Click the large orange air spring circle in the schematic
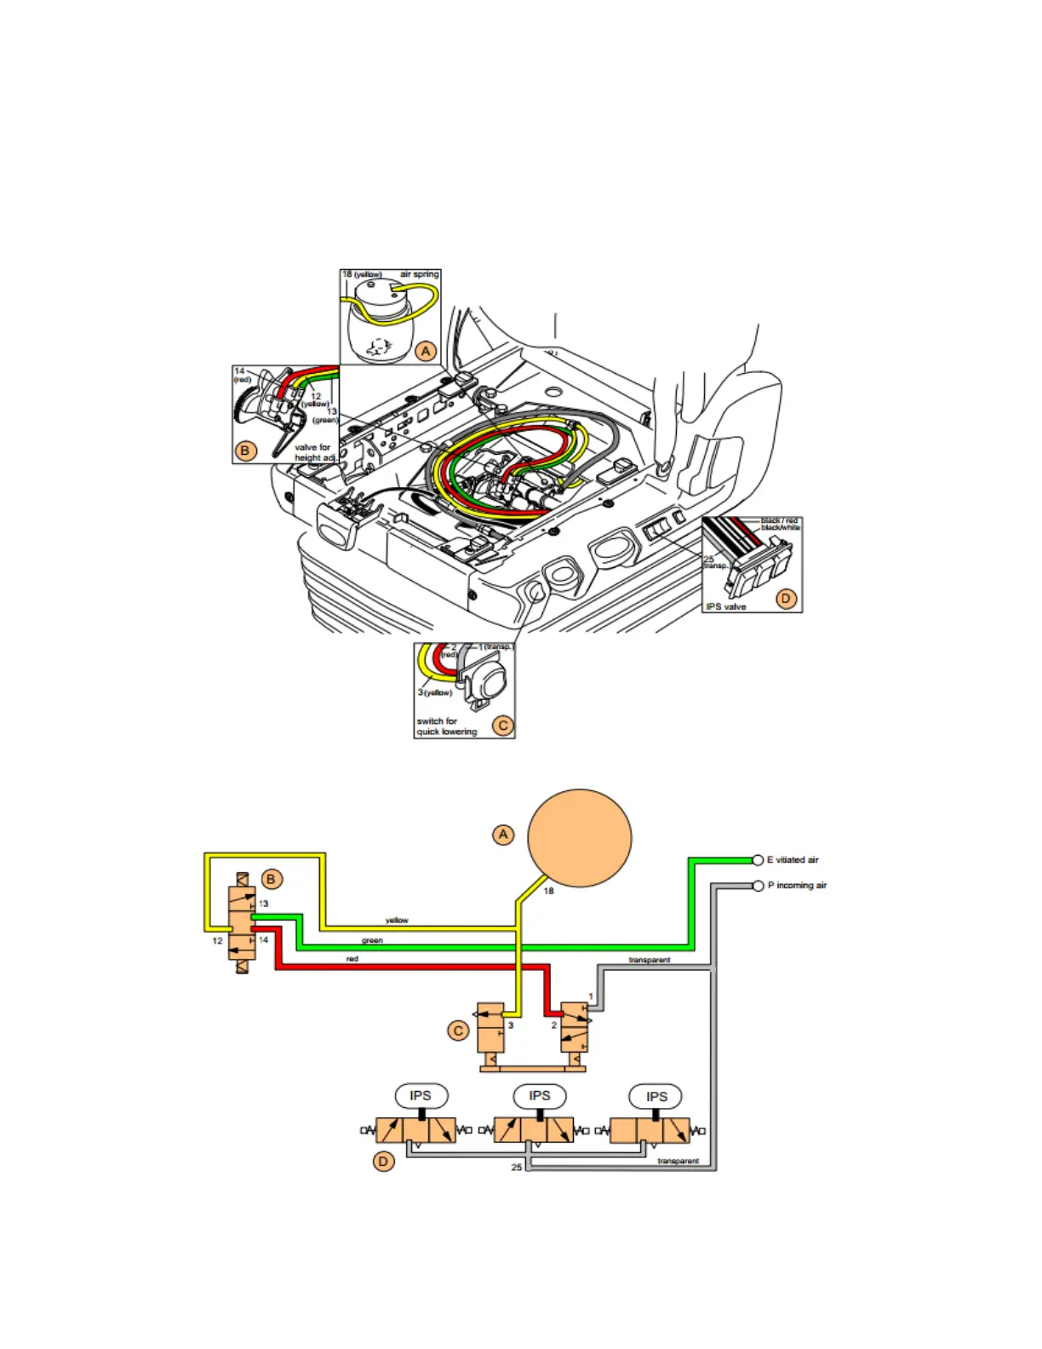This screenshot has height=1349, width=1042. click(x=580, y=838)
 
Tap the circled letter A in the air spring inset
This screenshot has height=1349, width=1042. click(x=426, y=350)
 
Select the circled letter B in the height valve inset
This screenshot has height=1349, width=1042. click(x=245, y=451)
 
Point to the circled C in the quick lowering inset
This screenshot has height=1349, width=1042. click(x=503, y=726)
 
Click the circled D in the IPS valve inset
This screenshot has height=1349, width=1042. click(x=786, y=599)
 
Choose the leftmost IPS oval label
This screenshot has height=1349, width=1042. click(x=421, y=1096)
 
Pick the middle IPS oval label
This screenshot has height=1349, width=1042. click(x=540, y=1096)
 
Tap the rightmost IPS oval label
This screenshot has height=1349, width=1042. click(x=656, y=1097)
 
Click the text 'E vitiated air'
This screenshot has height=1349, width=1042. click(x=793, y=860)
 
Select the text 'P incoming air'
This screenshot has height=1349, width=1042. click(x=797, y=886)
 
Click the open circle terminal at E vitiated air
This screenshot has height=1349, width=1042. click(x=758, y=860)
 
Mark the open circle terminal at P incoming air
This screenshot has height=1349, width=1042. click(x=758, y=886)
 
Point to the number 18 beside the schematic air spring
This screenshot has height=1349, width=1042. click(x=548, y=891)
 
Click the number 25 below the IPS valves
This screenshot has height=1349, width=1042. click(x=516, y=1167)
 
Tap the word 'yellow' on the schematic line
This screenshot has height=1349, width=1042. click(x=397, y=921)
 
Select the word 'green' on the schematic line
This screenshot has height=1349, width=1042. click(x=372, y=941)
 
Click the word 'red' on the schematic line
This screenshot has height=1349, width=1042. click(x=352, y=959)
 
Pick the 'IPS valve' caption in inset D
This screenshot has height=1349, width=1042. click(x=725, y=606)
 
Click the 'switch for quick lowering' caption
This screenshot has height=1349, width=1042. click(x=446, y=726)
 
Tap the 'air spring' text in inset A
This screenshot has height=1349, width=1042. click(x=419, y=274)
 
